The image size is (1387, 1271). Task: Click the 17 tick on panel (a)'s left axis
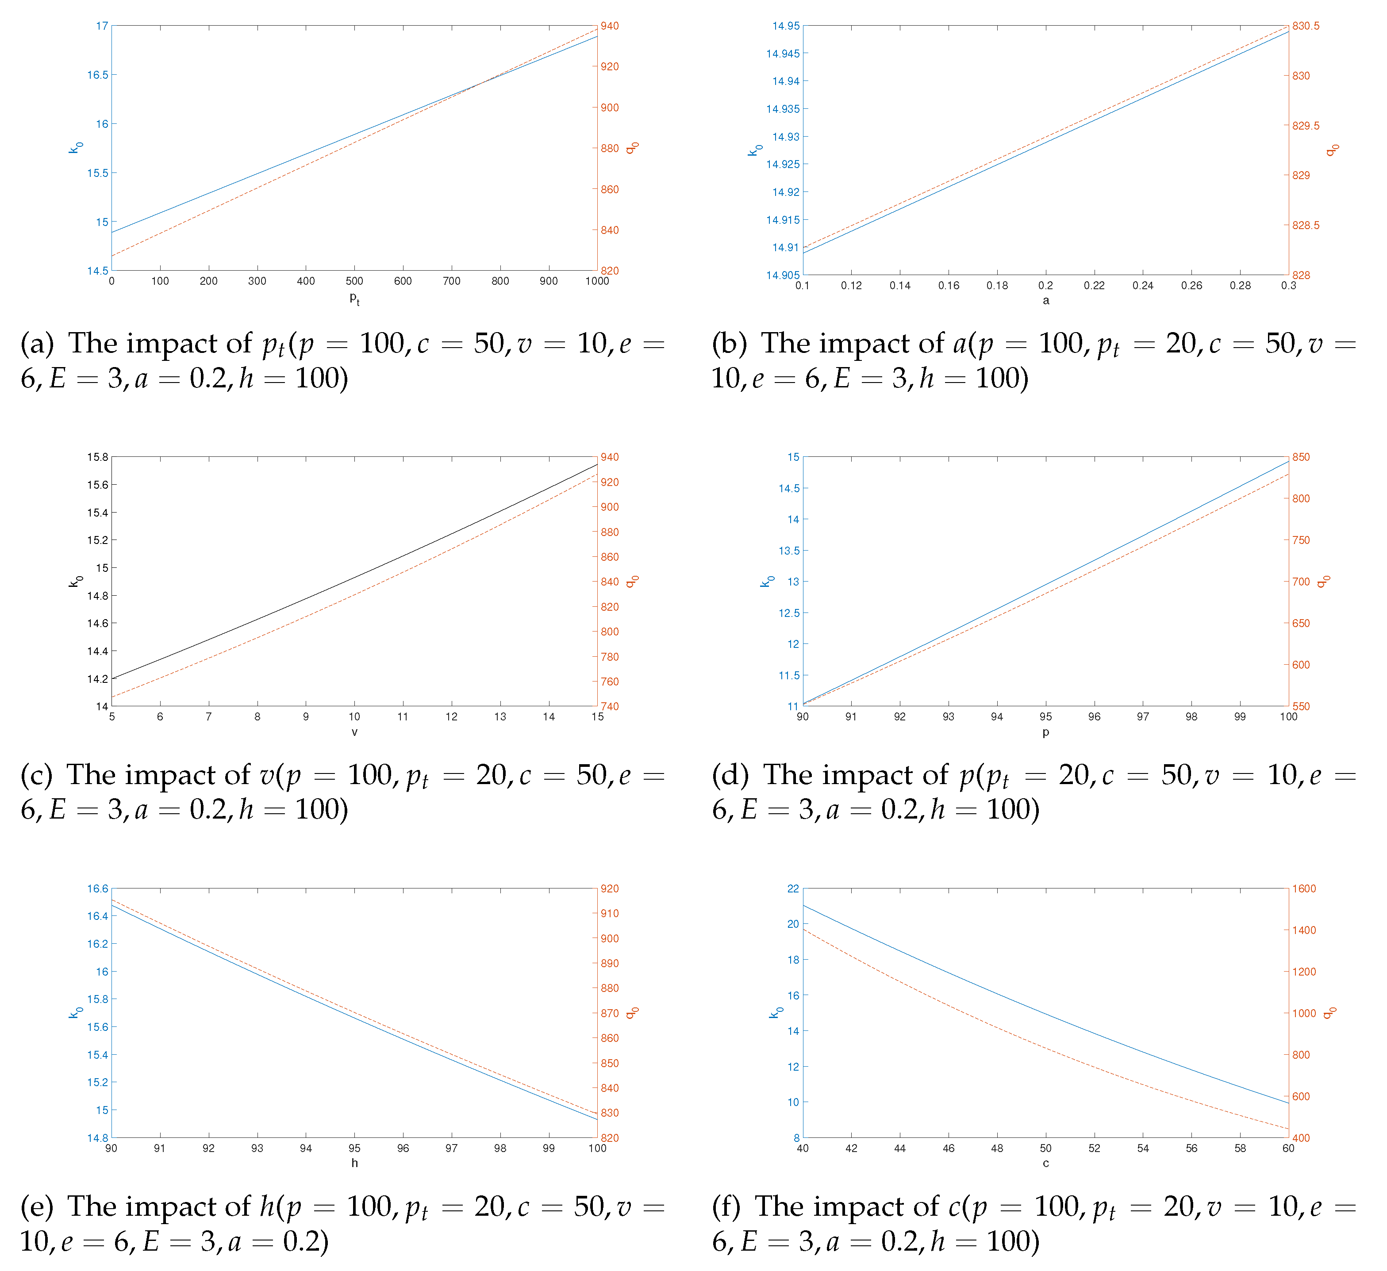(x=102, y=26)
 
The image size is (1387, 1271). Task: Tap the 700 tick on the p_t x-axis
(x=451, y=281)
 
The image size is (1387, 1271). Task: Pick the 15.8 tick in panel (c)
(x=97, y=457)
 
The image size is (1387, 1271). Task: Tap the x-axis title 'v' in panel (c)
(x=354, y=732)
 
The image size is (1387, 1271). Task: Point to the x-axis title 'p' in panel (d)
(x=1046, y=732)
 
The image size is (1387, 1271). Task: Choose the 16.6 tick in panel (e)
(x=97, y=888)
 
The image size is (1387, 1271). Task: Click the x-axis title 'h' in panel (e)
(x=354, y=1163)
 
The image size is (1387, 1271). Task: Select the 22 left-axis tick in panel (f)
(x=792, y=888)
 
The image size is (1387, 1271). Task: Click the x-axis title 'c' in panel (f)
(x=1046, y=1163)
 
